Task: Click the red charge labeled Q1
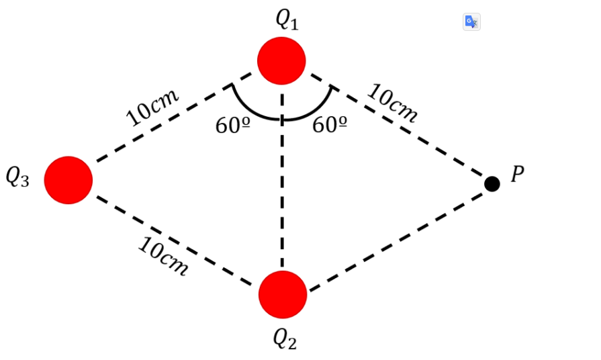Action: (281, 60)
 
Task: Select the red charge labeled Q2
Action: (283, 294)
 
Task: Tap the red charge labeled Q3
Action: (68, 180)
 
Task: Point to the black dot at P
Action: (492, 183)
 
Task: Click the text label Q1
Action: (287, 19)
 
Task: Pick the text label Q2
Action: (285, 339)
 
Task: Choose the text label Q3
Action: (17, 177)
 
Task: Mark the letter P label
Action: (517, 175)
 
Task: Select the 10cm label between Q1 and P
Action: (393, 104)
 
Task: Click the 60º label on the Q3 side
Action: (233, 126)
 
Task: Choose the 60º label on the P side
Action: (330, 126)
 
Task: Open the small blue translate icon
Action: (471, 21)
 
